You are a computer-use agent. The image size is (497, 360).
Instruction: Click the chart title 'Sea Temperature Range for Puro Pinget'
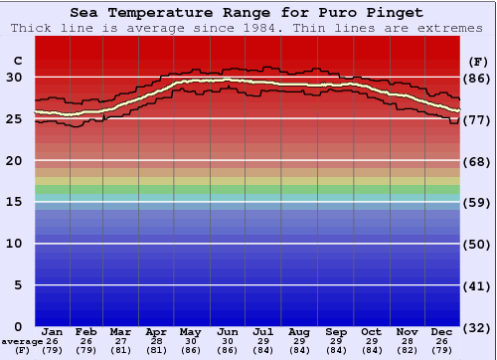click(x=247, y=13)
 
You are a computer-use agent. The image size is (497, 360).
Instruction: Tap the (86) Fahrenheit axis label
click(x=477, y=78)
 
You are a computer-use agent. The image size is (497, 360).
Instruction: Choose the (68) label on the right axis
click(x=477, y=161)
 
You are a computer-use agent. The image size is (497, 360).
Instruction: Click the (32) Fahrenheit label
click(x=477, y=327)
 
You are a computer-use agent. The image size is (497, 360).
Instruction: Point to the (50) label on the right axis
click(x=477, y=244)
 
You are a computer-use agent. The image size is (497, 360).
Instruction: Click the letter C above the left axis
click(x=17, y=61)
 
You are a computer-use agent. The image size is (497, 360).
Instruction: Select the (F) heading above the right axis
click(x=477, y=61)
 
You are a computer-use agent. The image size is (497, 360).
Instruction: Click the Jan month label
click(x=53, y=331)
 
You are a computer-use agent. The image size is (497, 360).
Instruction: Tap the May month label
click(x=190, y=331)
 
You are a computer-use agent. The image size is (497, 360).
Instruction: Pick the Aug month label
click(x=299, y=331)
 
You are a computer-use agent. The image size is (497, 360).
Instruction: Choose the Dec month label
click(x=442, y=331)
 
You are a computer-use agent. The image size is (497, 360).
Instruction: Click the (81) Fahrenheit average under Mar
click(x=120, y=351)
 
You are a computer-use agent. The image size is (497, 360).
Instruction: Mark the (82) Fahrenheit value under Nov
click(x=407, y=351)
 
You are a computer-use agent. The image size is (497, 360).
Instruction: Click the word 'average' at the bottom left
click(x=22, y=341)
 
